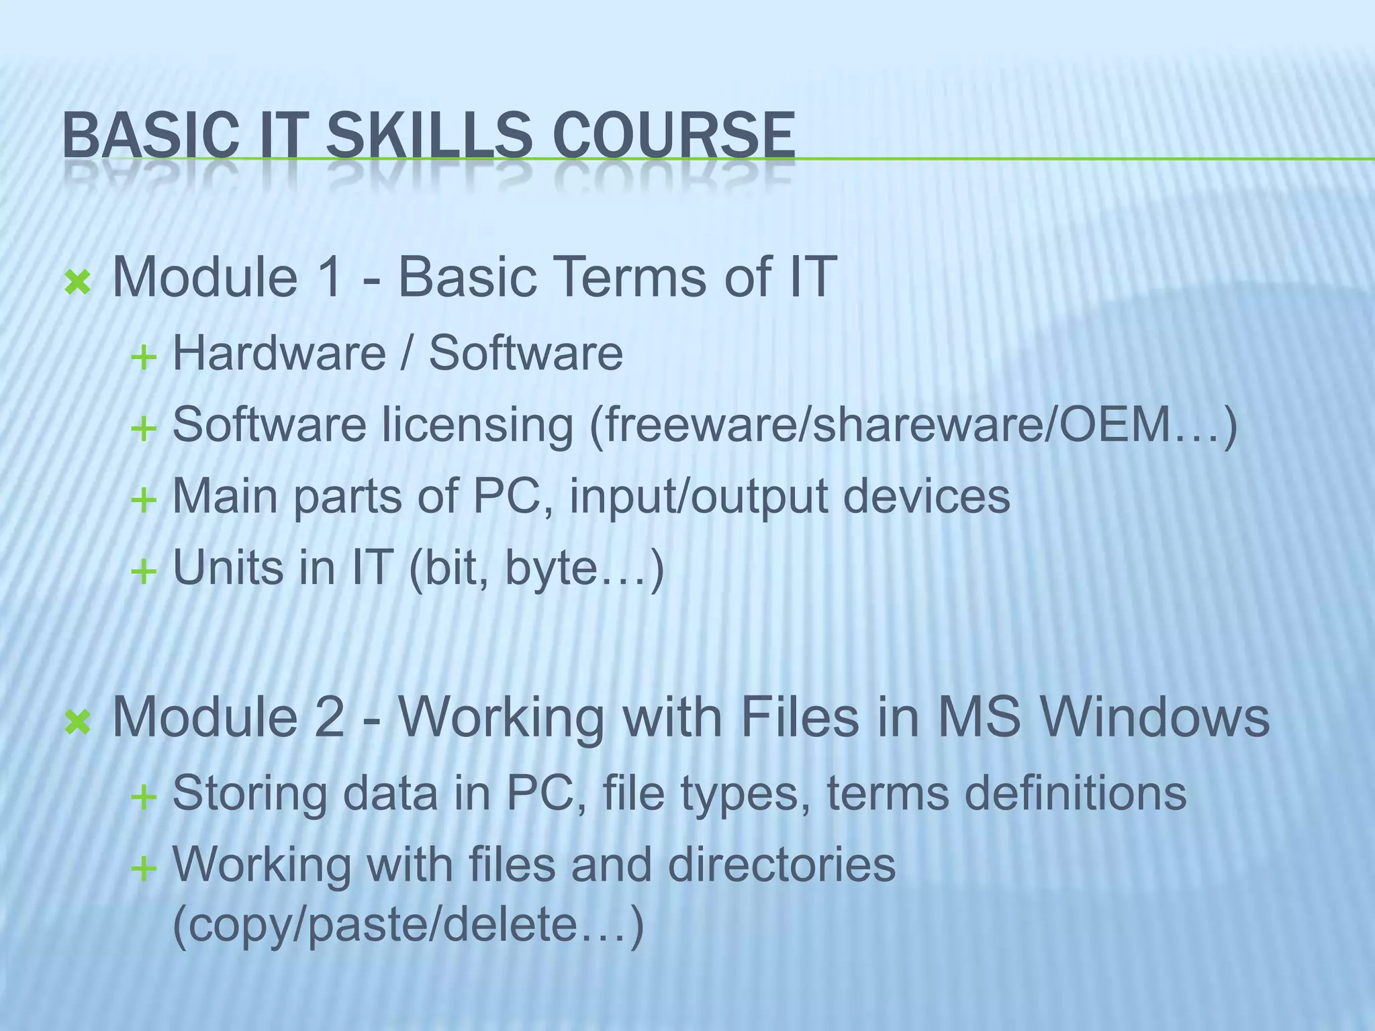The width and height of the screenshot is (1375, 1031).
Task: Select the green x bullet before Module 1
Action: click(x=77, y=283)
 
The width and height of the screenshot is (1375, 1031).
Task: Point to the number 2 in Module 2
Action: click(x=330, y=717)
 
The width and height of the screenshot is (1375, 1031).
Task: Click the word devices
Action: click(x=926, y=497)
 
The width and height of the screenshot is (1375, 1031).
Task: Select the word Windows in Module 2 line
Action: click(x=1155, y=717)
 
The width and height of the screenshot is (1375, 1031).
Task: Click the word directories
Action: click(x=781, y=865)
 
